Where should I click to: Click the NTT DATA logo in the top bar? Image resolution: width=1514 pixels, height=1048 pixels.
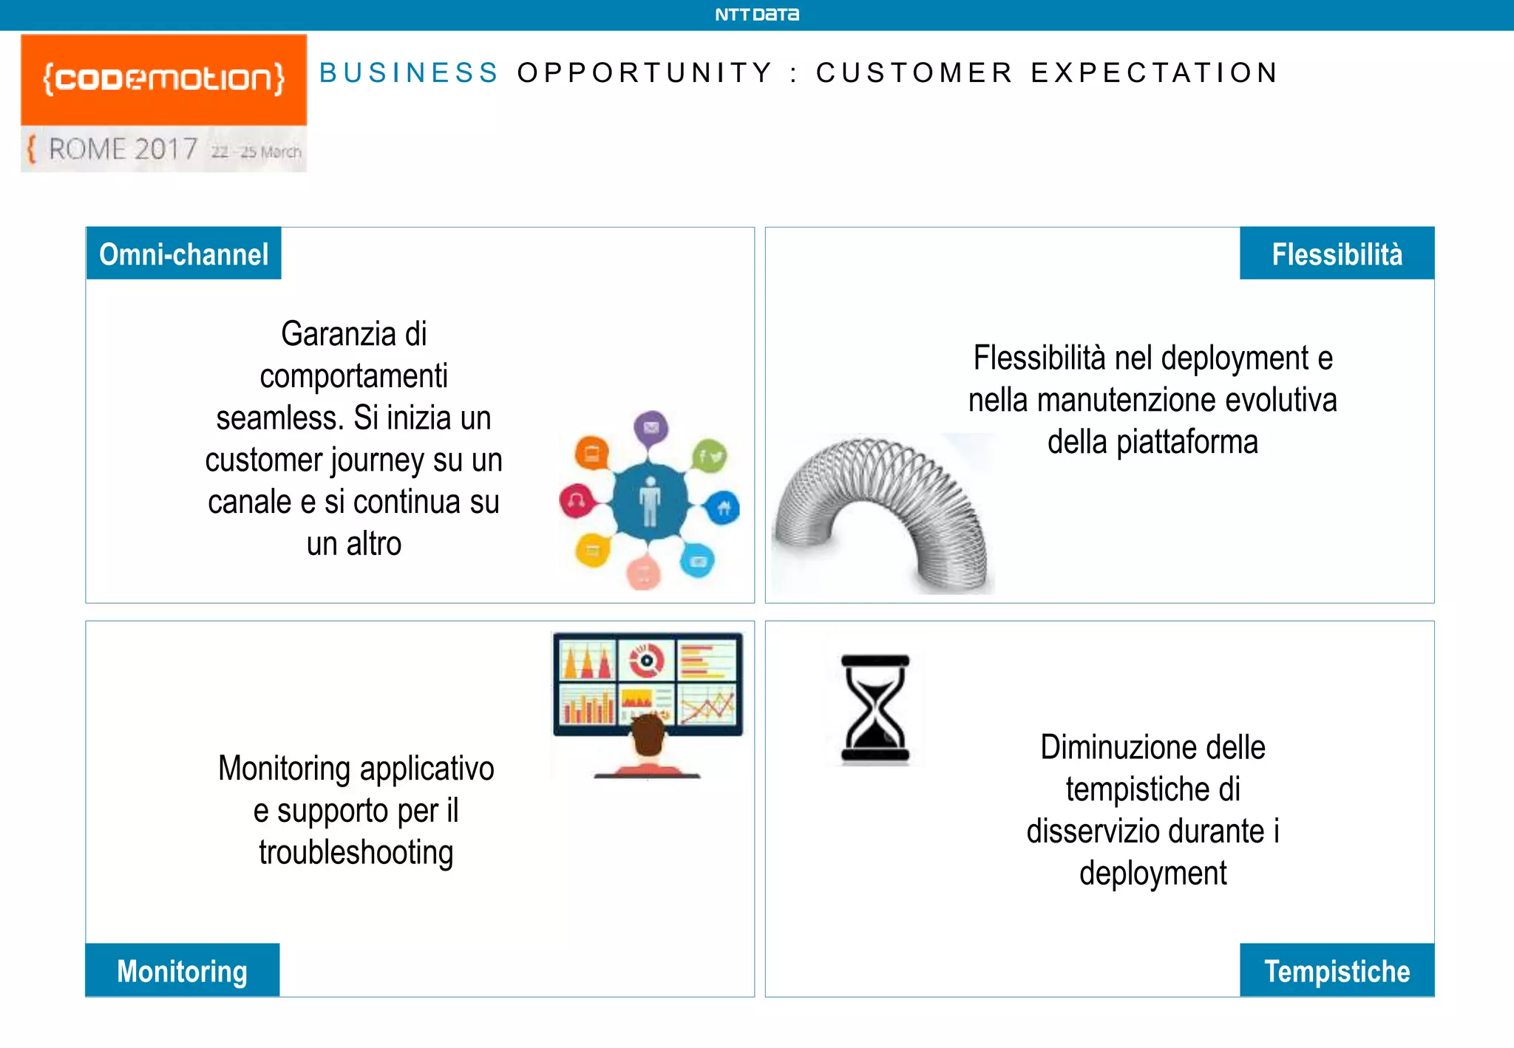pyautogui.click(x=756, y=15)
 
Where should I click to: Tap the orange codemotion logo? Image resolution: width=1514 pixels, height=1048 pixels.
pyautogui.click(x=163, y=79)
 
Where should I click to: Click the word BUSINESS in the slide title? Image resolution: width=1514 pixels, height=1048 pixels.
pyautogui.click(x=409, y=73)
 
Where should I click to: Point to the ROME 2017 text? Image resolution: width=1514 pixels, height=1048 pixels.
pyautogui.click(x=123, y=149)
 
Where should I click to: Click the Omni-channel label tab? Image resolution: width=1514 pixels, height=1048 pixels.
pyautogui.click(x=183, y=254)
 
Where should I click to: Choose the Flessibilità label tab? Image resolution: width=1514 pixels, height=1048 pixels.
pyautogui.click(x=1337, y=254)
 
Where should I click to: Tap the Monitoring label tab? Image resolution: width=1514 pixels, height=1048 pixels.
pyautogui.click(x=182, y=970)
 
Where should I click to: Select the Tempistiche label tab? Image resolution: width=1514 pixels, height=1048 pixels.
pyautogui.click(x=1337, y=970)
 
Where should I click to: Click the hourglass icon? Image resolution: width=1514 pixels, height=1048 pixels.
pyautogui.click(x=875, y=708)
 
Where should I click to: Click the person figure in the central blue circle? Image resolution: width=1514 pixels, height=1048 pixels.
pyautogui.click(x=650, y=501)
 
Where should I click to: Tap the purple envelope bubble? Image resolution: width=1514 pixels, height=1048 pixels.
pyautogui.click(x=651, y=428)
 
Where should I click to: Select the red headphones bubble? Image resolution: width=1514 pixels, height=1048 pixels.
pyautogui.click(x=577, y=501)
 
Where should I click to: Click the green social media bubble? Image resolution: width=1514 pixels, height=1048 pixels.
pyautogui.click(x=710, y=457)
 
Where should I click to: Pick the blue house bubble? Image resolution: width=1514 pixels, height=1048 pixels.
pyautogui.click(x=723, y=508)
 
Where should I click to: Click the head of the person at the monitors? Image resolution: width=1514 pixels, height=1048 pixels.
pyautogui.click(x=649, y=735)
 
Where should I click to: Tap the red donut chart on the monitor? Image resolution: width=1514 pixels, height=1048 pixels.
pyautogui.click(x=646, y=659)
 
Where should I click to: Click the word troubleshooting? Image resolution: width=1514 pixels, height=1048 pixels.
pyautogui.click(x=356, y=852)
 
